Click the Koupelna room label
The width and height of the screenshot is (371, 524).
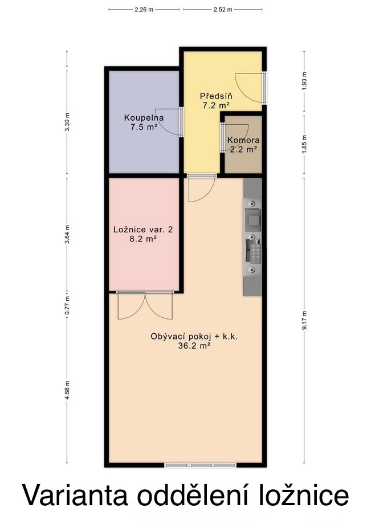144,118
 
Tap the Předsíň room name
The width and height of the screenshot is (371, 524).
216,96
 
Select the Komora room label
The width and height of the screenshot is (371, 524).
243,140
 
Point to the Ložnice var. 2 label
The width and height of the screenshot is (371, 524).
143,230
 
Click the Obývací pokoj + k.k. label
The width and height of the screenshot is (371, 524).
194,337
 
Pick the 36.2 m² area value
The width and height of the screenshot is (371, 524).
194,346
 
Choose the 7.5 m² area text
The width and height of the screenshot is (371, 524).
144,127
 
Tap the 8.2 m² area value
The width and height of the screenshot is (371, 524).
143,239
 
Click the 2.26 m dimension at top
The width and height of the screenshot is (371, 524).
144,10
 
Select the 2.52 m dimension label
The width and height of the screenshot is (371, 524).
223,10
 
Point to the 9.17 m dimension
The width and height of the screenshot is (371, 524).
304,321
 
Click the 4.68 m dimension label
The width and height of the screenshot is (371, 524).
67,390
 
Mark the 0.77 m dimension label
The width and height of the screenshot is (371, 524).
67,305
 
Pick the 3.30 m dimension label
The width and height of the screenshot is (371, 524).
67,122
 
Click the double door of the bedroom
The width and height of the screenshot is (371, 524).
145,305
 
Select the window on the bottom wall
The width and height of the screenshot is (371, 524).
200,465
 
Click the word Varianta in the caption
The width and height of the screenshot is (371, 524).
76,496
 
